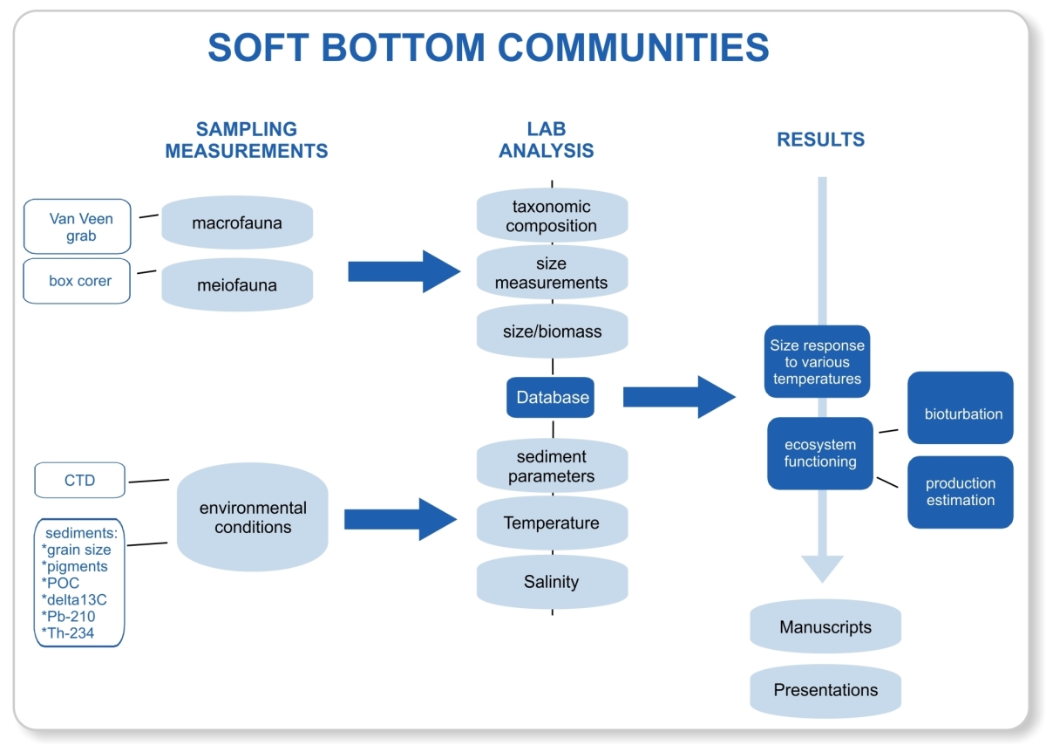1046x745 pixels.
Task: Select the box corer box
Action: coord(77,281)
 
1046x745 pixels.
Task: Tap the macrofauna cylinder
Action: coord(237,223)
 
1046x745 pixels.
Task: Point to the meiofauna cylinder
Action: coord(237,284)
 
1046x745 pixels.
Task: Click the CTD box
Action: coord(79,481)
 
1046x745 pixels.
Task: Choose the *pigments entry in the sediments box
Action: coord(75,566)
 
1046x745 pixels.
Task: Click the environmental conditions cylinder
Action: coord(253,517)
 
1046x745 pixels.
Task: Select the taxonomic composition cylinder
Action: coord(552,216)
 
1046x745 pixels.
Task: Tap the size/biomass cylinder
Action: coord(552,332)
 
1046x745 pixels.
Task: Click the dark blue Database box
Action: coord(553,398)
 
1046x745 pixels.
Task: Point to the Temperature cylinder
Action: coord(552,523)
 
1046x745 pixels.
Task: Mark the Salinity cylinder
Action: coord(552,582)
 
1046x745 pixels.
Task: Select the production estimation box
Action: coord(961,492)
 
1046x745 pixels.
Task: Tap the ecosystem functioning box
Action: coord(819,454)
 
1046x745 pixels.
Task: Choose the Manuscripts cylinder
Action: coord(825,627)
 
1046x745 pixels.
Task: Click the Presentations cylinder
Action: coord(825,690)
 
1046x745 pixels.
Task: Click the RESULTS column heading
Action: coord(821,140)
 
